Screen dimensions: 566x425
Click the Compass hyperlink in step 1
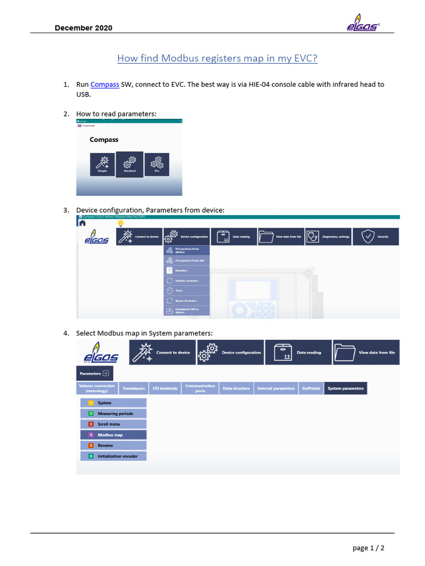coord(105,85)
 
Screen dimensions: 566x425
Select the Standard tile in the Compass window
coord(129,164)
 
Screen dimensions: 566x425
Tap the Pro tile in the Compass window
coord(157,164)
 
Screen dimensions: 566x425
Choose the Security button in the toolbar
coord(376,237)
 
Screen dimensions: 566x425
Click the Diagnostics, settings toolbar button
coord(329,237)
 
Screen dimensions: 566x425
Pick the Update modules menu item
coord(187,281)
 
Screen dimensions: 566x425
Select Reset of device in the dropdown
coord(187,301)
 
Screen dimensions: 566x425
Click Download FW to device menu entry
coord(187,311)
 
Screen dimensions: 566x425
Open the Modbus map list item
coord(113,435)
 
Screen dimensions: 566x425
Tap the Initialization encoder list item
coord(113,456)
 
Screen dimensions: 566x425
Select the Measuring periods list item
coord(113,413)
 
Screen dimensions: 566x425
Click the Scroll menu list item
coord(113,424)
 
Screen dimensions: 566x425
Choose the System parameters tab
coord(345,389)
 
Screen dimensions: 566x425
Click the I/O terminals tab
coord(165,389)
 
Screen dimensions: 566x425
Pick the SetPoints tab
coord(311,389)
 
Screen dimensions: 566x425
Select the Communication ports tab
coord(200,389)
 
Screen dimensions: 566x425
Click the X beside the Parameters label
coord(106,374)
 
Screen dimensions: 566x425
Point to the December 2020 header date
coord(83,28)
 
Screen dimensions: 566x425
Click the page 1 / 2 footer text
coord(369,548)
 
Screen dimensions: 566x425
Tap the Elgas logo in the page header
coord(362,25)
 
